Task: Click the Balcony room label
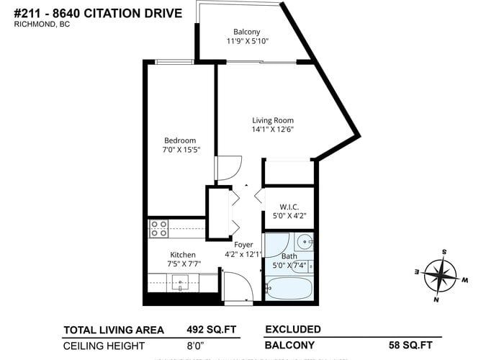246,32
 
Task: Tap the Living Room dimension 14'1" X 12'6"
273,129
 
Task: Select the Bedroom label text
180,140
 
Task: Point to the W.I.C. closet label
289,207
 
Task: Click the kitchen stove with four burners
159,228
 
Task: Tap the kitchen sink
180,283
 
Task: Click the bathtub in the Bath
289,288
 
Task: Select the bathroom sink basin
305,241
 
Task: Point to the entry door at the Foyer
238,286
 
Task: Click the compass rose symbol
441,276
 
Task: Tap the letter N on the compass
436,300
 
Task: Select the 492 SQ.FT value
212,330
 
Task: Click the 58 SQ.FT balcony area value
410,345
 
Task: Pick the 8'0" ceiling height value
195,346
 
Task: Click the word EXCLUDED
293,330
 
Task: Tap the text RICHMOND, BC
42,24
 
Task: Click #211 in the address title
27,14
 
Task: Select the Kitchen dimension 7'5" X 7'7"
184,264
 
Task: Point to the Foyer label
243,245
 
